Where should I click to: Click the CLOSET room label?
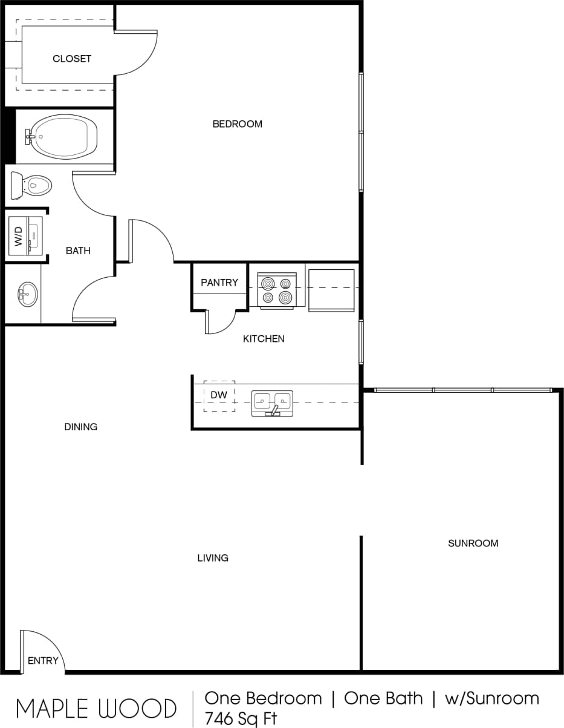(x=72, y=59)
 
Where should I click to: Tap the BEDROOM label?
(x=237, y=124)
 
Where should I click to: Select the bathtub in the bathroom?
(x=63, y=136)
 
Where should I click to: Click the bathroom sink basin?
(x=27, y=295)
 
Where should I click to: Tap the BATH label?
(x=78, y=251)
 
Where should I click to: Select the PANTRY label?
(x=219, y=283)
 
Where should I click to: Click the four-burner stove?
(x=277, y=290)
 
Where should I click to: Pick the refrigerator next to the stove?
(x=331, y=290)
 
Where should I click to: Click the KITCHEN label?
(x=264, y=339)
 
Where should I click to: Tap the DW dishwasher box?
(x=219, y=396)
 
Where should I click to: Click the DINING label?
(x=80, y=427)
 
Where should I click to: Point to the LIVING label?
(x=213, y=558)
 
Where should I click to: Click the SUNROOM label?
(x=473, y=543)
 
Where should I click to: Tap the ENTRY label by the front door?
(x=43, y=660)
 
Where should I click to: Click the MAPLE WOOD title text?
(x=96, y=708)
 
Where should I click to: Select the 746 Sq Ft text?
(x=241, y=718)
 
